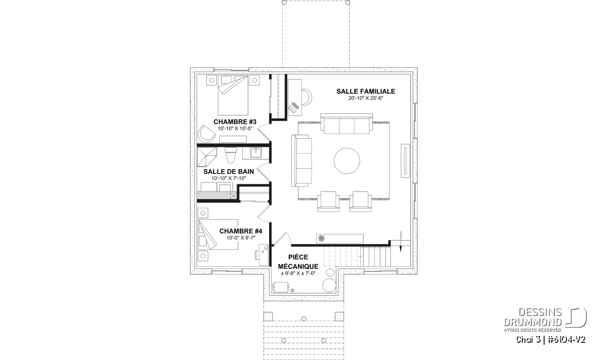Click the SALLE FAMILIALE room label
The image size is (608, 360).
point(366,92)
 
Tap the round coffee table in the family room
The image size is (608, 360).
point(347,161)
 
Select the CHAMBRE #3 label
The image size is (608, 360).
point(235,122)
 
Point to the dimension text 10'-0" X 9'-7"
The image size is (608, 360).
point(241,238)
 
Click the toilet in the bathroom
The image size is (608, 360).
point(231,155)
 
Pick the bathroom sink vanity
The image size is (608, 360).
point(256,153)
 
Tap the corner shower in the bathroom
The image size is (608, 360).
point(207,156)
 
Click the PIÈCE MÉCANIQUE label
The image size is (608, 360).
point(298,262)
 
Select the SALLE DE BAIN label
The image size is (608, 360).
point(229,172)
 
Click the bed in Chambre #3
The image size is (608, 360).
point(233,95)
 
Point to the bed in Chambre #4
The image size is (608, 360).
point(218,234)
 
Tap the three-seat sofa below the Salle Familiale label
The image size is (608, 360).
point(347,124)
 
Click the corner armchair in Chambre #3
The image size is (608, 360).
point(206,134)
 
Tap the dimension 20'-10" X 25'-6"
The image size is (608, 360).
point(366,98)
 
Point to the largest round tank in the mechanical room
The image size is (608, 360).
point(329,285)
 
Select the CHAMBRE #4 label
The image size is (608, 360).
point(241,231)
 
